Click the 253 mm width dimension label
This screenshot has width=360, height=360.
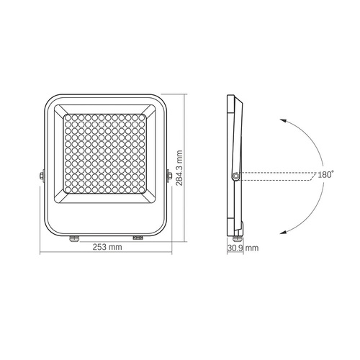[106, 247]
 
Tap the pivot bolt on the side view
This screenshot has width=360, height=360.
[235, 175]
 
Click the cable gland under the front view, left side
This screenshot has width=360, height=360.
[73, 235]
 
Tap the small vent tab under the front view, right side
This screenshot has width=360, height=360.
[138, 235]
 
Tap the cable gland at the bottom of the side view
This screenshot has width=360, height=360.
[237, 230]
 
